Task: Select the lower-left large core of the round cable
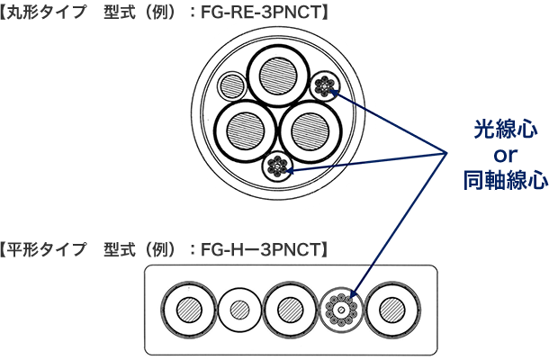tap(243, 130)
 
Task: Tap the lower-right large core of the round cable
tap(309, 130)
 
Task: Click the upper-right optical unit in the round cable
tap(323, 87)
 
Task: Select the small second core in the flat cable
tap(239, 309)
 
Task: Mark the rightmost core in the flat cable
tap(392, 309)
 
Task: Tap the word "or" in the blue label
tap(505, 155)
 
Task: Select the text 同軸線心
tap(505, 180)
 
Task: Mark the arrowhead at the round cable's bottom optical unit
tap(288, 168)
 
